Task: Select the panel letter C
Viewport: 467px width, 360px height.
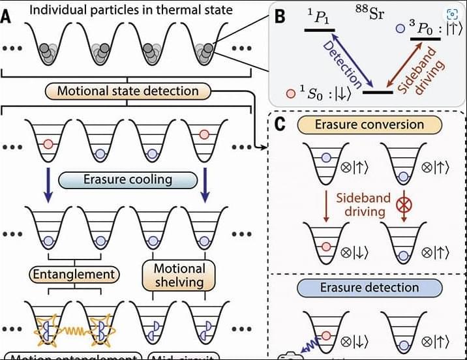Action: [279, 125]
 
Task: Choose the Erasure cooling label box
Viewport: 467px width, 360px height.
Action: [127, 179]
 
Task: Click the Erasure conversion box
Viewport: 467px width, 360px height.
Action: [369, 124]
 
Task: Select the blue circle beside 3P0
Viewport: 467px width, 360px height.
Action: [400, 29]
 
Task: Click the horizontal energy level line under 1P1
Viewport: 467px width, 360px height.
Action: [320, 29]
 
